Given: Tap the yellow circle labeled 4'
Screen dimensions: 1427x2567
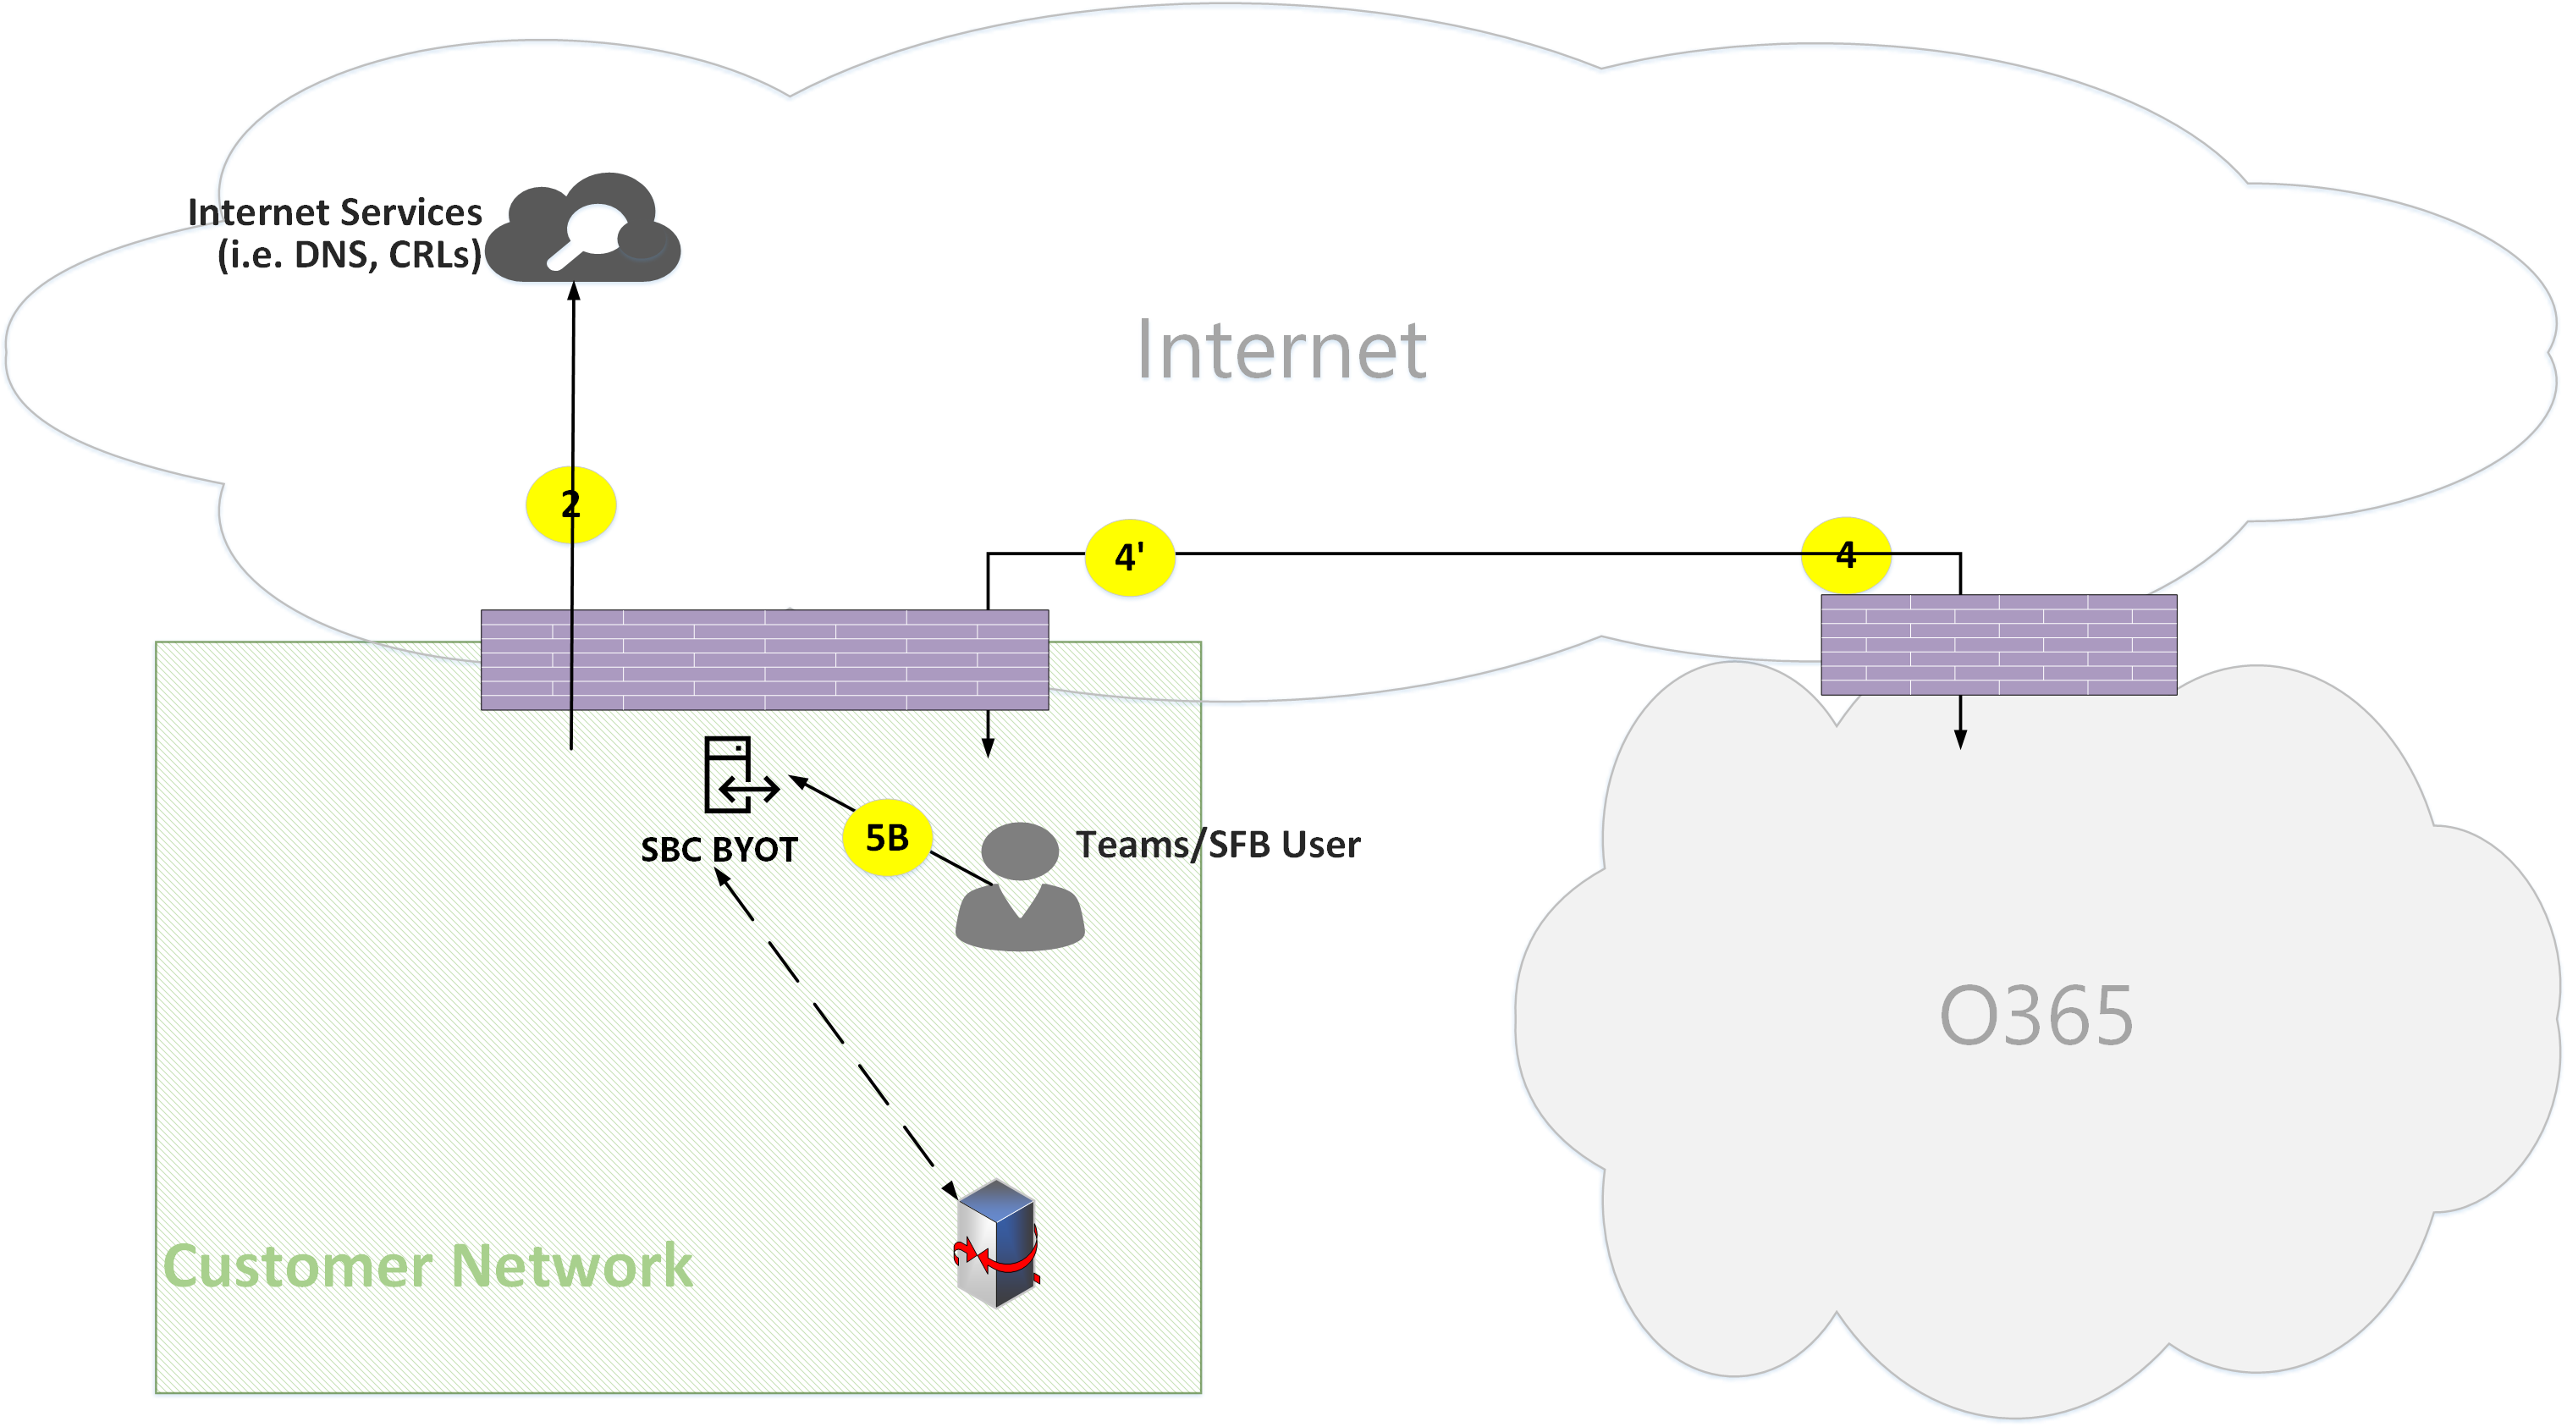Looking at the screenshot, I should tap(1129, 557).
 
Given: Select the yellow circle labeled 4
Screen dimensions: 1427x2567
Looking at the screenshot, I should tap(1846, 555).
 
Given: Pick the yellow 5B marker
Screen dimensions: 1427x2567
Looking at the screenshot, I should tap(887, 838).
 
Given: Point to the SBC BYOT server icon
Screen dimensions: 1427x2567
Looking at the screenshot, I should tap(738, 775).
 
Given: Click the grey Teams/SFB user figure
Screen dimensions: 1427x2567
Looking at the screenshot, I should tap(1019, 886).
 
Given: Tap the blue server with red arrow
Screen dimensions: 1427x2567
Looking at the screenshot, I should tap(996, 1243).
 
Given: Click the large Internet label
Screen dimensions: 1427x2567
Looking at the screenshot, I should tap(1281, 350).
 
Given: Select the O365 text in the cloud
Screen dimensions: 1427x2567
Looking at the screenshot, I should tap(2035, 1017).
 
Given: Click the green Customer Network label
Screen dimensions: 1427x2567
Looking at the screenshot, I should tap(427, 1266).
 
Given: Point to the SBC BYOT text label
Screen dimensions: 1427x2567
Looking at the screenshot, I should tap(719, 850).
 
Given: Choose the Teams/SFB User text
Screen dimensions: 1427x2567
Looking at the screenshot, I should tap(1218, 845).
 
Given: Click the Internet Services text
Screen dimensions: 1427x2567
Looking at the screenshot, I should tap(335, 212).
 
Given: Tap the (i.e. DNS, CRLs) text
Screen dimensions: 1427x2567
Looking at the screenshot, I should tap(350, 255).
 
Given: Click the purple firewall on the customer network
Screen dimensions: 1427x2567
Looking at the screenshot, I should tap(764, 659).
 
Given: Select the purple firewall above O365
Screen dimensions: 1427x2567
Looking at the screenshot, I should tap(1998, 645).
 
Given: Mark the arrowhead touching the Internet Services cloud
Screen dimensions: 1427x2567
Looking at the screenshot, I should tap(574, 291).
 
